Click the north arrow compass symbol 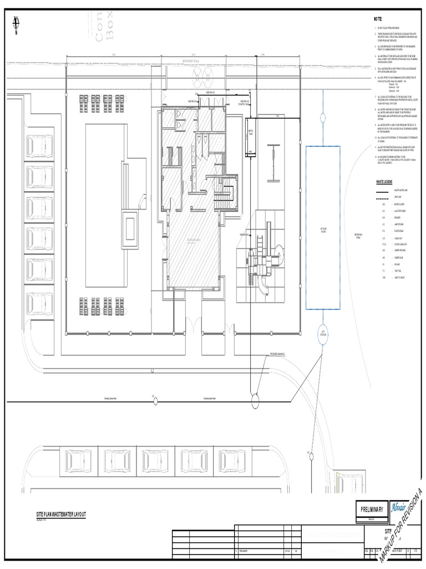(16, 23)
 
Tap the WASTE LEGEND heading (384, 182)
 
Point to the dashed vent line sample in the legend (383, 197)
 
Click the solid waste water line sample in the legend (383, 190)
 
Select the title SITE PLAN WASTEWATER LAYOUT (61, 516)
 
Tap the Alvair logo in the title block (399, 507)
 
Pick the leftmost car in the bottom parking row (74, 460)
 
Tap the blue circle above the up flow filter (322, 117)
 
